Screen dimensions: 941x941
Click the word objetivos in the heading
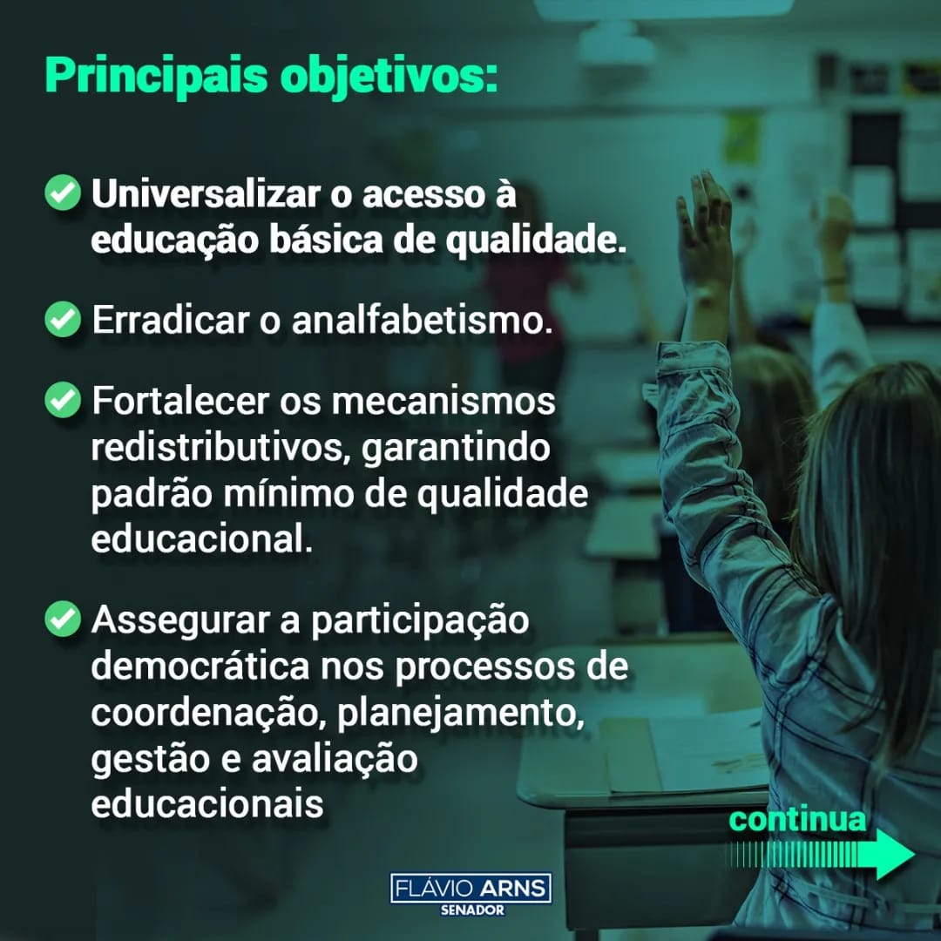click(x=384, y=76)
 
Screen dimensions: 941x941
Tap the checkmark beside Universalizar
click(x=63, y=193)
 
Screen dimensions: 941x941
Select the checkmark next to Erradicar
click(x=63, y=319)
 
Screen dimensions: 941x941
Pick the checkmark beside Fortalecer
click(x=63, y=400)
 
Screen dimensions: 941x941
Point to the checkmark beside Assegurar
click(x=63, y=619)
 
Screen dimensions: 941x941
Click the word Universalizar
click(x=206, y=193)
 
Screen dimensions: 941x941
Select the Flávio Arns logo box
click(x=470, y=888)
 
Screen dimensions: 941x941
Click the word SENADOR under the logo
click(x=472, y=911)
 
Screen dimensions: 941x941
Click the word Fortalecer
click(x=180, y=400)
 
